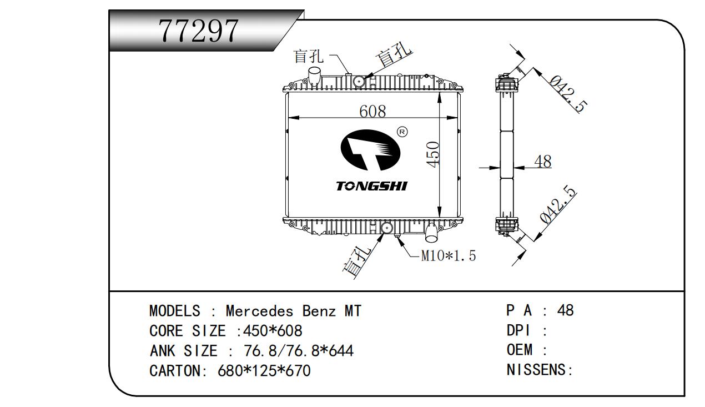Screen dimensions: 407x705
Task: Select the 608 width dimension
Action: point(372,112)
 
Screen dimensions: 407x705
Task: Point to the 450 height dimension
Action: point(434,154)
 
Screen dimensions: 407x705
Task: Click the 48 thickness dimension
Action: point(542,162)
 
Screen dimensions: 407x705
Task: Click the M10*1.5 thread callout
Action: point(448,256)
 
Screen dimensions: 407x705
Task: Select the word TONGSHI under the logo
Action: point(371,186)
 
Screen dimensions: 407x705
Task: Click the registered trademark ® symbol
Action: point(403,132)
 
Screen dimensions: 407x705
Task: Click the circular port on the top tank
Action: point(359,82)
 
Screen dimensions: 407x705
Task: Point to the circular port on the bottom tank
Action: point(387,228)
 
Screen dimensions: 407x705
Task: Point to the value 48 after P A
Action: point(565,310)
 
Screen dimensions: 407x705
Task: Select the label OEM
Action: point(519,350)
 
